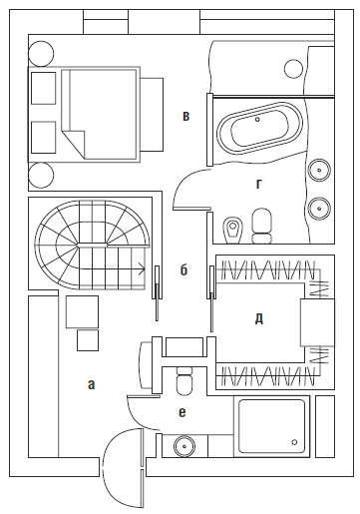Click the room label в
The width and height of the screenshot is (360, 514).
pos(186,117)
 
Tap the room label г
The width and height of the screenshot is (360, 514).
pos(259,184)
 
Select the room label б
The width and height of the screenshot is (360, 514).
pos(183,269)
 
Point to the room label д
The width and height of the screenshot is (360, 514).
pos(259,319)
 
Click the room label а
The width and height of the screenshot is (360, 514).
pos(91,384)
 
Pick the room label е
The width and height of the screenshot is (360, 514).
pos(182,412)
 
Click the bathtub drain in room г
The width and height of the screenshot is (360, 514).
pos(257,119)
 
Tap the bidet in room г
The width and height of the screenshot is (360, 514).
pos(233,230)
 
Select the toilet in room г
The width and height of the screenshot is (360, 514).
pos(261,227)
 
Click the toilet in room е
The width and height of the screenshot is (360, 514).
pos(184,381)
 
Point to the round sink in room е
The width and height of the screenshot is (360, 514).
pos(184,445)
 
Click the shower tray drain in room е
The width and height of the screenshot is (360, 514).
pos(294,442)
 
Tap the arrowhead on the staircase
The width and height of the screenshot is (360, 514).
pos(142,268)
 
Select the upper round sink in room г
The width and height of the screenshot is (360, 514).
pos(319,170)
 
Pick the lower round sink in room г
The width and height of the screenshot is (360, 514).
pos(319,209)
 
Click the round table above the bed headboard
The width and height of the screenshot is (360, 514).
pos(41,53)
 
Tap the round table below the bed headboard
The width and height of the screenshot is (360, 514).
pos(41,175)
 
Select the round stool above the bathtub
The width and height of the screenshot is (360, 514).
pos(294,69)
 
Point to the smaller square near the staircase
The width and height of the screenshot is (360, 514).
pos(88,340)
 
